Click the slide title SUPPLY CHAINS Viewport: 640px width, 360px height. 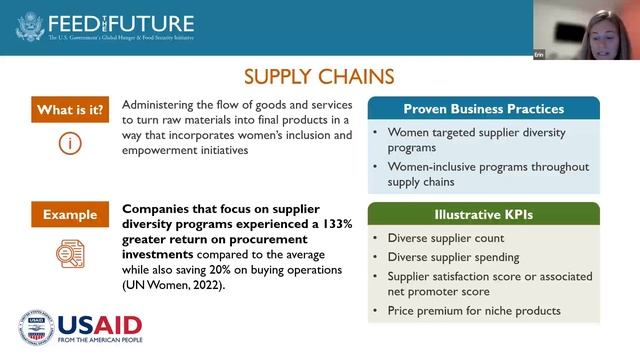[319, 76]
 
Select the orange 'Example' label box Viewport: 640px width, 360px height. [69, 214]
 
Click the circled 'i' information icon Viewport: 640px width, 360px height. [69, 144]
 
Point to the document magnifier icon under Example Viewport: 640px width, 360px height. [69, 254]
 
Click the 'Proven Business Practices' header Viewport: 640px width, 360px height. [483, 109]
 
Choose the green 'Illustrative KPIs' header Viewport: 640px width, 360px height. [483, 214]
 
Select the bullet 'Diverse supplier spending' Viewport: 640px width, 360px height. [454, 257]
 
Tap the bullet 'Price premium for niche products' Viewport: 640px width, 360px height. [473, 311]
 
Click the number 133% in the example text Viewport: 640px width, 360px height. [334, 225]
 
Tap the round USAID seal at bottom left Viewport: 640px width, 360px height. [35, 327]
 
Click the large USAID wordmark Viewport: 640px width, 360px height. [99, 324]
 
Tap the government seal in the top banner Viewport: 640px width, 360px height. [31, 25]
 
